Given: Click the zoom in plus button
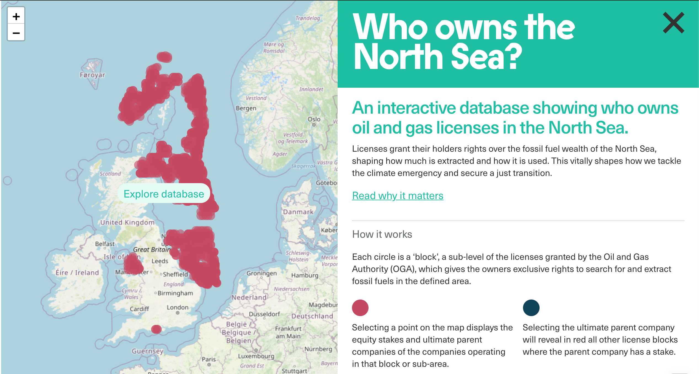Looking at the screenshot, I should (x=16, y=17).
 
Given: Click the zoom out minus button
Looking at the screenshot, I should (x=16, y=33).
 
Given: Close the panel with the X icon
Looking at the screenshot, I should (x=673, y=23).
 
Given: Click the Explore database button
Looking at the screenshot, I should (x=164, y=194).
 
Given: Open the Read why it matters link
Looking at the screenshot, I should (x=397, y=196).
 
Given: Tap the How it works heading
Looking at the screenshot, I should (x=382, y=234).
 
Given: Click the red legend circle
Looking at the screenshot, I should (x=360, y=308).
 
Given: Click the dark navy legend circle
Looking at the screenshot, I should (x=531, y=308).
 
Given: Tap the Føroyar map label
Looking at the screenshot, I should (x=92, y=75).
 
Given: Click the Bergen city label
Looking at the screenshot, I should (x=246, y=108).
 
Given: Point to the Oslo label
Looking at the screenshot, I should (x=314, y=119).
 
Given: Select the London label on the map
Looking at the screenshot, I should (x=177, y=307).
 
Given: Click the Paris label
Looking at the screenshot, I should (x=209, y=359).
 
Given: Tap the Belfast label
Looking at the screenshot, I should (x=105, y=244).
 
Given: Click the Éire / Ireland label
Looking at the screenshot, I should (x=77, y=273).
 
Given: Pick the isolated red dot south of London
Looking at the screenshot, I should (x=156, y=329).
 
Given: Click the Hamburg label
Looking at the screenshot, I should (x=305, y=275).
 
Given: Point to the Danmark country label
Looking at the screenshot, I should (x=298, y=212).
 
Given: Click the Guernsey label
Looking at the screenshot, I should (x=148, y=351).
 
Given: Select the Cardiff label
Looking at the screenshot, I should (x=139, y=309).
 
